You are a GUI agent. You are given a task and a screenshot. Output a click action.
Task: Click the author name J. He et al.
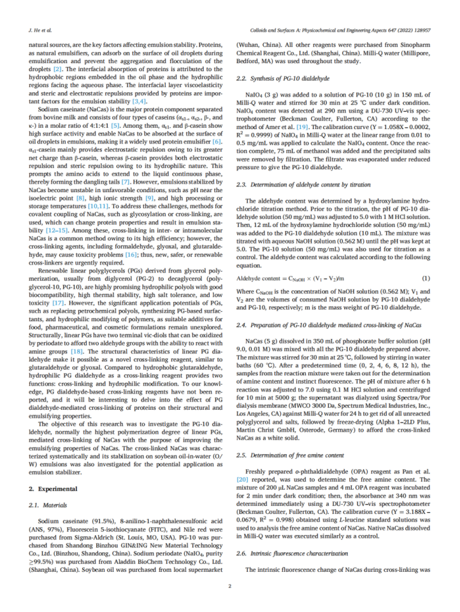40,30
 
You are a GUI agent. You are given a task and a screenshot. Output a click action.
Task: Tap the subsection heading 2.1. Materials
48,504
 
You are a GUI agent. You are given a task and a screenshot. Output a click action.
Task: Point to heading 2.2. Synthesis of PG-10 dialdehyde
279,78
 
